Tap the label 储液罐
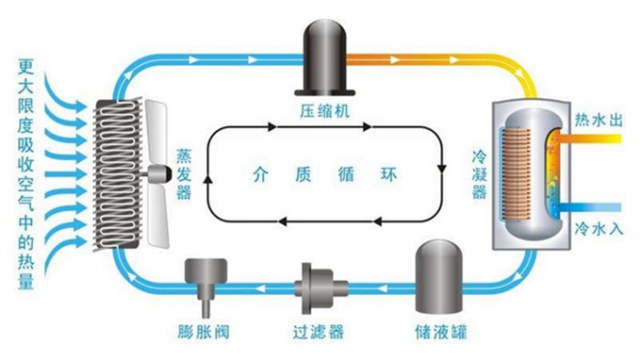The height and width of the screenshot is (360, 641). pyautogui.click(x=441, y=333)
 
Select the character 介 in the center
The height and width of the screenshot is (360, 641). pyautogui.click(x=261, y=174)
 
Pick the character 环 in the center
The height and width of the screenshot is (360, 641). pyautogui.click(x=386, y=174)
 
